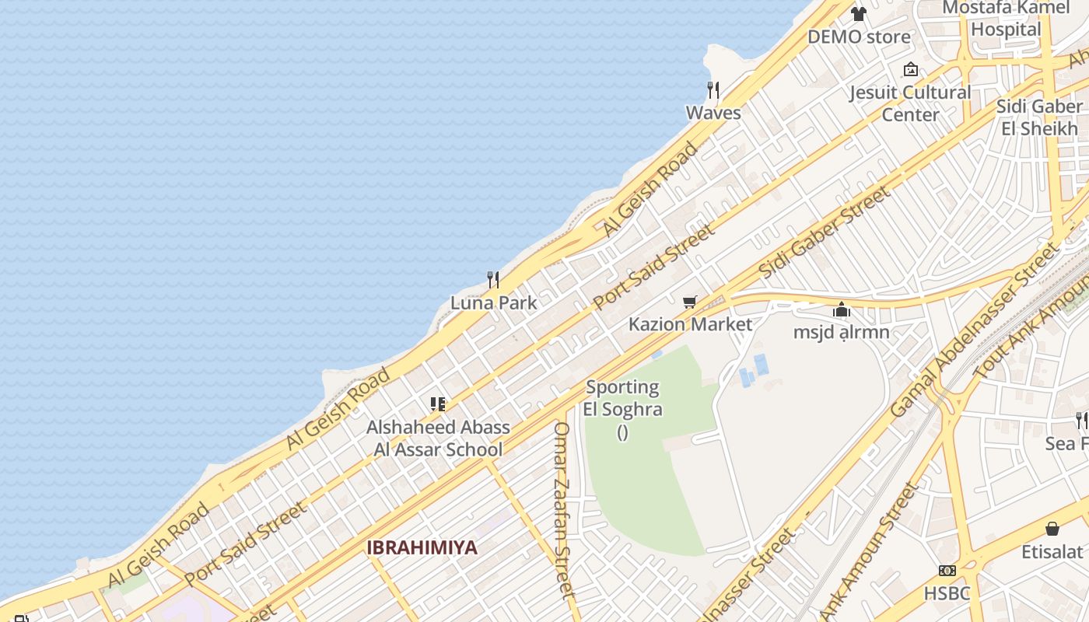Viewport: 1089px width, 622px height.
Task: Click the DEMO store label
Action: (859, 37)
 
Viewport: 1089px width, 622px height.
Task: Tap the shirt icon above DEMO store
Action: (859, 13)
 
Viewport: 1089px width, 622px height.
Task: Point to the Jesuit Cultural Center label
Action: (910, 103)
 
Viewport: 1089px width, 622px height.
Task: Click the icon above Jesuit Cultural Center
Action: (910, 69)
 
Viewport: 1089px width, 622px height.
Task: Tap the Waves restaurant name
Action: (713, 113)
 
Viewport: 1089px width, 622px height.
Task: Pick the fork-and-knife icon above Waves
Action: (713, 89)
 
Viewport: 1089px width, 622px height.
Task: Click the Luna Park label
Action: (494, 302)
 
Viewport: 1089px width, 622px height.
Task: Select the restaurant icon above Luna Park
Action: (493, 279)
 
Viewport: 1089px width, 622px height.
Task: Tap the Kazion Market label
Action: (690, 324)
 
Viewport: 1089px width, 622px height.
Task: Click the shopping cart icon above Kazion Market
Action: (689, 302)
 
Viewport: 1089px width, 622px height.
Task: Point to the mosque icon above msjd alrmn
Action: (841, 310)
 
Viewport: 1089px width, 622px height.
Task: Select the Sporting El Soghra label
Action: (622, 398)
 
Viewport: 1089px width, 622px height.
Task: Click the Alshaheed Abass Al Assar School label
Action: (438, 438)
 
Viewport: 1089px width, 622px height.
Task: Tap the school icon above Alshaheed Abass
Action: (438, 404)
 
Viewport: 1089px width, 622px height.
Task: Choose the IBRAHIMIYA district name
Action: (422, 547)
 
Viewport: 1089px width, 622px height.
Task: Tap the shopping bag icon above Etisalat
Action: (1052, 529)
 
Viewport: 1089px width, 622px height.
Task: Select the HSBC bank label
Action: (947, 593)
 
